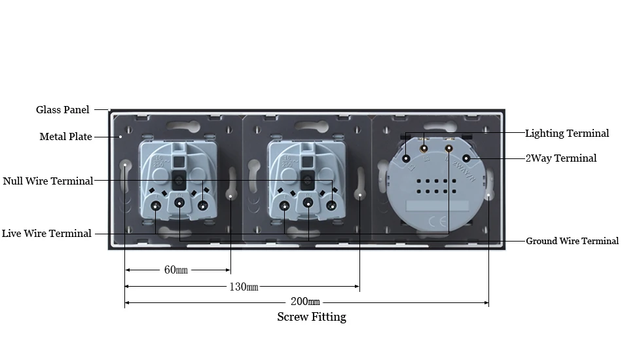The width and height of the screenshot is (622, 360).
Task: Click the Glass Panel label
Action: (63, 110)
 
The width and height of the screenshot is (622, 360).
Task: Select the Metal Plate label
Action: (66, 137)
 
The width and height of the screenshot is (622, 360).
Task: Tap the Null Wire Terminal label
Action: (48, 181)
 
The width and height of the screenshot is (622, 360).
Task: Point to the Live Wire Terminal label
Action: (46, 234)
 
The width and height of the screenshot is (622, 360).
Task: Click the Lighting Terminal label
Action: (567, 134)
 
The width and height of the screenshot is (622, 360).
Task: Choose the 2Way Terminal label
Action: (561, 158)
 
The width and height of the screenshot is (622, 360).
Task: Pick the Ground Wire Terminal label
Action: (572, 241)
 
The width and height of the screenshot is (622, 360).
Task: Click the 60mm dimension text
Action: (175, 270)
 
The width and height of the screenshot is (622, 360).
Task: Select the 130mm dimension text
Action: (244, 287)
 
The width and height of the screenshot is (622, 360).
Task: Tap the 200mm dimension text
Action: (305, 302)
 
